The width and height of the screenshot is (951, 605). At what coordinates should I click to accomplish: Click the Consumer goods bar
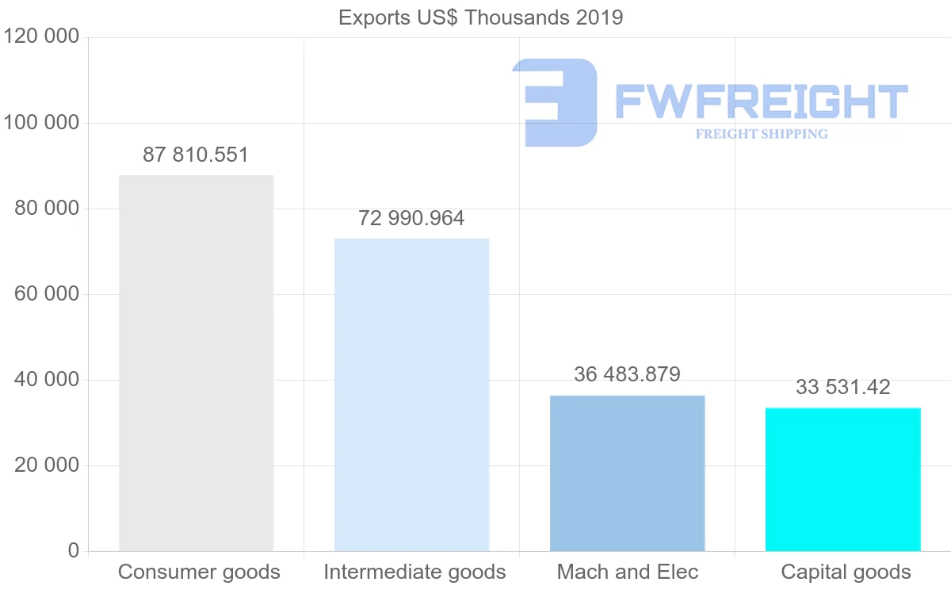click(196, 363)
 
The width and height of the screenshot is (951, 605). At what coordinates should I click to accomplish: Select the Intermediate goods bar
click(411, 395)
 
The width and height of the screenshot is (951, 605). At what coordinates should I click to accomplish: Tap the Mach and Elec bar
click(627, 473)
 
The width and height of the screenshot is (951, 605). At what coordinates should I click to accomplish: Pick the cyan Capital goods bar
click(842, 479)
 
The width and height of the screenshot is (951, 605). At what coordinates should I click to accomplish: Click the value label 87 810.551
click(196, 155)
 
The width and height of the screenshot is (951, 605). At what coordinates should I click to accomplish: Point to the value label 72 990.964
click(411, 218)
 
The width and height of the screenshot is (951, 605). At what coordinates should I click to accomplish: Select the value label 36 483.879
click(627, 374)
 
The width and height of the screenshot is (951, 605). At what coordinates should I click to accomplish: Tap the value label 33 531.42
click(842, 387)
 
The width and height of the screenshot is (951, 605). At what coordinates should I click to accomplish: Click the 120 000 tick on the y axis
click(41, 37)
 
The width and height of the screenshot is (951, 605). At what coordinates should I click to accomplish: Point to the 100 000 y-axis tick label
click(41, 123)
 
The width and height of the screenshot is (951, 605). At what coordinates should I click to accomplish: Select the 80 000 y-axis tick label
click(47, 209)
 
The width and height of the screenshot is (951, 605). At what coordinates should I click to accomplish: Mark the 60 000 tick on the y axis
click(47, 294)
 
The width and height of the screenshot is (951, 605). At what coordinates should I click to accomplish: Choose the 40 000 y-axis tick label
click(47, 380)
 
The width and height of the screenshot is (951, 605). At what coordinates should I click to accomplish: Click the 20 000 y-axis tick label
click(47, 465)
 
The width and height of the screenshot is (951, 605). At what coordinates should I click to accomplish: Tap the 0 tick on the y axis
click(74, 551)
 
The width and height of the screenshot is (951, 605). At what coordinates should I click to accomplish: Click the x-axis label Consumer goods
click(199, 572)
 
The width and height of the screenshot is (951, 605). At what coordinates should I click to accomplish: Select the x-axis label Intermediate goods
click(414, 572)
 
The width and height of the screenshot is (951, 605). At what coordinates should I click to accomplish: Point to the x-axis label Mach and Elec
click(628, 572)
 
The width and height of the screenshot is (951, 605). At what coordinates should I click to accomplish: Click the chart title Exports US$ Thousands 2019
click(481, 17)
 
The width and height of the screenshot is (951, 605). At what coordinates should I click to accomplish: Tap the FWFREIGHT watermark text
click(761, 101)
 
